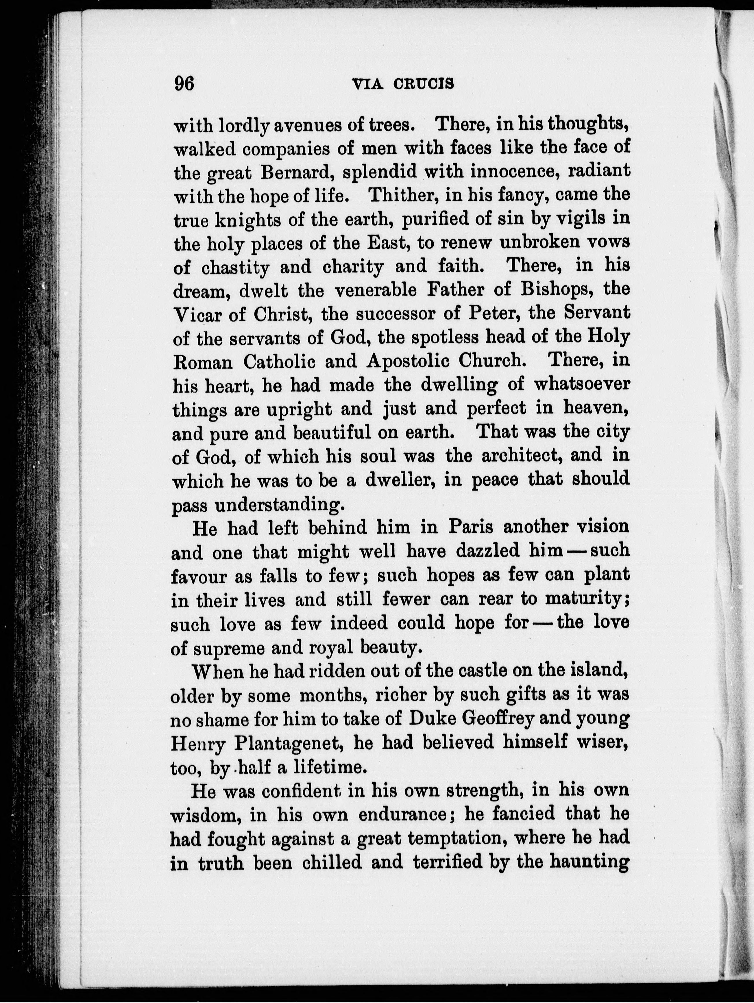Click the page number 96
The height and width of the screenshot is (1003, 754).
[184, 84]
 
